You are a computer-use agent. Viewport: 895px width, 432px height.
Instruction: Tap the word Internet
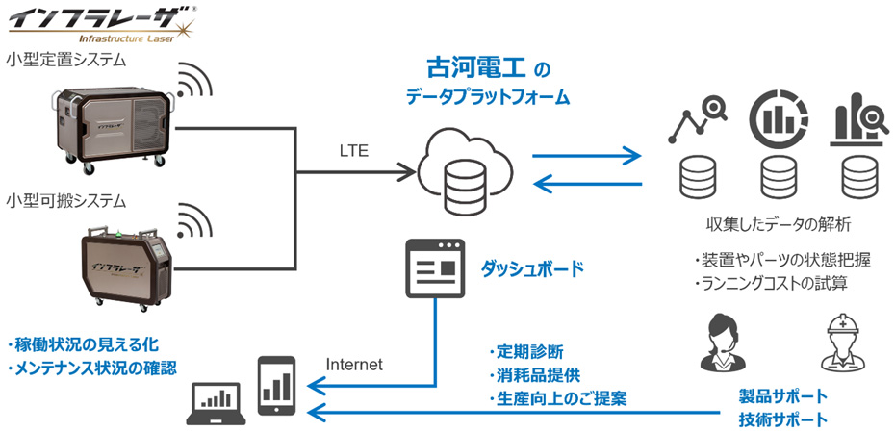[354, 365]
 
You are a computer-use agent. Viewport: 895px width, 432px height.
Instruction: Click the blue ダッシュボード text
[531, 268]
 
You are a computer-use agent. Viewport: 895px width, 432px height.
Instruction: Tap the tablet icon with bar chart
[276, 384]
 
